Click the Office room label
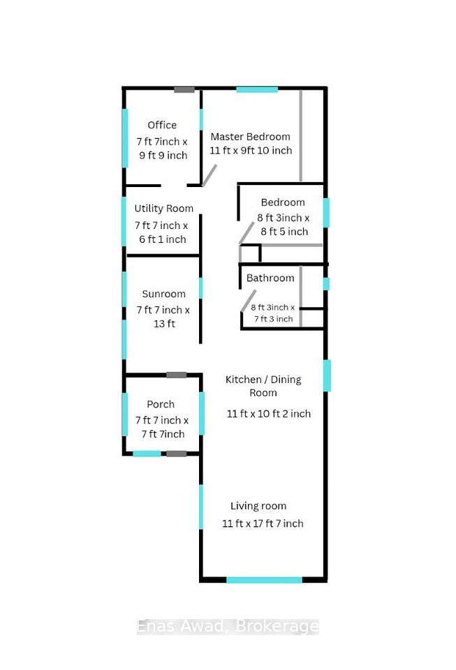pos(162,125)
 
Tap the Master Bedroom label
pos(251,137)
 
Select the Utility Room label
pos(163,209)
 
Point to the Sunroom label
pos(163,294)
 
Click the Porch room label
pos(161,404)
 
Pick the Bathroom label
pos(270,278)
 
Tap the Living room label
pos(258,507)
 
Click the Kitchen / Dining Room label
pos(263,386)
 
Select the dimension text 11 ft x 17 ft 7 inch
pos(263,523)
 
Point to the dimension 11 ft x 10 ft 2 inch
pos(269,414)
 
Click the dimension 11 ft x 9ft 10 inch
pos(251,151)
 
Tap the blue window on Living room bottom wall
pos(264,580)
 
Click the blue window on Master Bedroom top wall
pos(257,90)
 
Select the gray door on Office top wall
pos(184,90)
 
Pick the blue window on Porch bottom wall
pos(147,454)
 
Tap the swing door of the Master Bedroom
pos(209,175)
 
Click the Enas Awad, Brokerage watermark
pos(228,627)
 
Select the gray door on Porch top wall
pos(177,375)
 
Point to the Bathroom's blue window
pos(326,284)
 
